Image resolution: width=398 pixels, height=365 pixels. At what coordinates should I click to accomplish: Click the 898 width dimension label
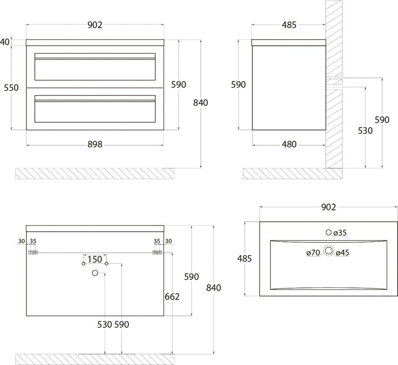[94, 145]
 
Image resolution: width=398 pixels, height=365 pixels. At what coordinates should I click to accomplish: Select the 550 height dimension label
[11, 88]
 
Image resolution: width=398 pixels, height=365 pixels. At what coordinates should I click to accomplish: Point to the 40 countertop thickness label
[5, 42]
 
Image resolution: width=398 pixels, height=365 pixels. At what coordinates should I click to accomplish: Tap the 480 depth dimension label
[289, 145]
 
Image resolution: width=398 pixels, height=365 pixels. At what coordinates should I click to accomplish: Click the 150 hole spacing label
[95, 260]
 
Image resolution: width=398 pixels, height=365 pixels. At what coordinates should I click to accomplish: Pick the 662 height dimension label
[172, 297]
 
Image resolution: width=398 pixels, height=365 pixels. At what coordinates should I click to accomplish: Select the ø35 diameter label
[340, 233]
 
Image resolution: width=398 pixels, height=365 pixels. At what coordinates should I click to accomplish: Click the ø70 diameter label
[313, 252]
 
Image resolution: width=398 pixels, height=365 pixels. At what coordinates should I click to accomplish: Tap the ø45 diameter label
[342, 252]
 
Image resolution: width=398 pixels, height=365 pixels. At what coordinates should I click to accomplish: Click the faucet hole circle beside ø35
[329, 233]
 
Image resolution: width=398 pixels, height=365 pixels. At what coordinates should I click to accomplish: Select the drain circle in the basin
[329, 250]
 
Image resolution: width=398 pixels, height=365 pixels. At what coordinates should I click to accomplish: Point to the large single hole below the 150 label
[95, 273]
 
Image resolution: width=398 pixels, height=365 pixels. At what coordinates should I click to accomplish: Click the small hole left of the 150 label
[83, 264]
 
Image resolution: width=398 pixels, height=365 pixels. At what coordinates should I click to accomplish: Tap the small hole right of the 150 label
[107, 264]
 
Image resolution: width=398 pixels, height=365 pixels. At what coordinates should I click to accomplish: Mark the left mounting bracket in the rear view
[33, 252]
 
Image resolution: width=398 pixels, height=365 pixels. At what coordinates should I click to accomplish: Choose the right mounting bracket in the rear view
[157, 252]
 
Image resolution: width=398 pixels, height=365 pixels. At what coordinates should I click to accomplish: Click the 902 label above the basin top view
[328, 207]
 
